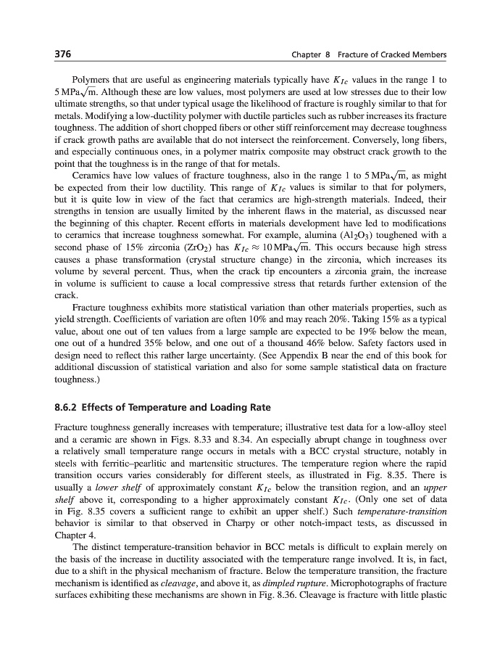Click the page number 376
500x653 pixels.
pos(63,55)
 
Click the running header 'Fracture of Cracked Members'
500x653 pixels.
pos(396,56)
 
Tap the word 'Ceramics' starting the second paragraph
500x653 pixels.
pos(92,175)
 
